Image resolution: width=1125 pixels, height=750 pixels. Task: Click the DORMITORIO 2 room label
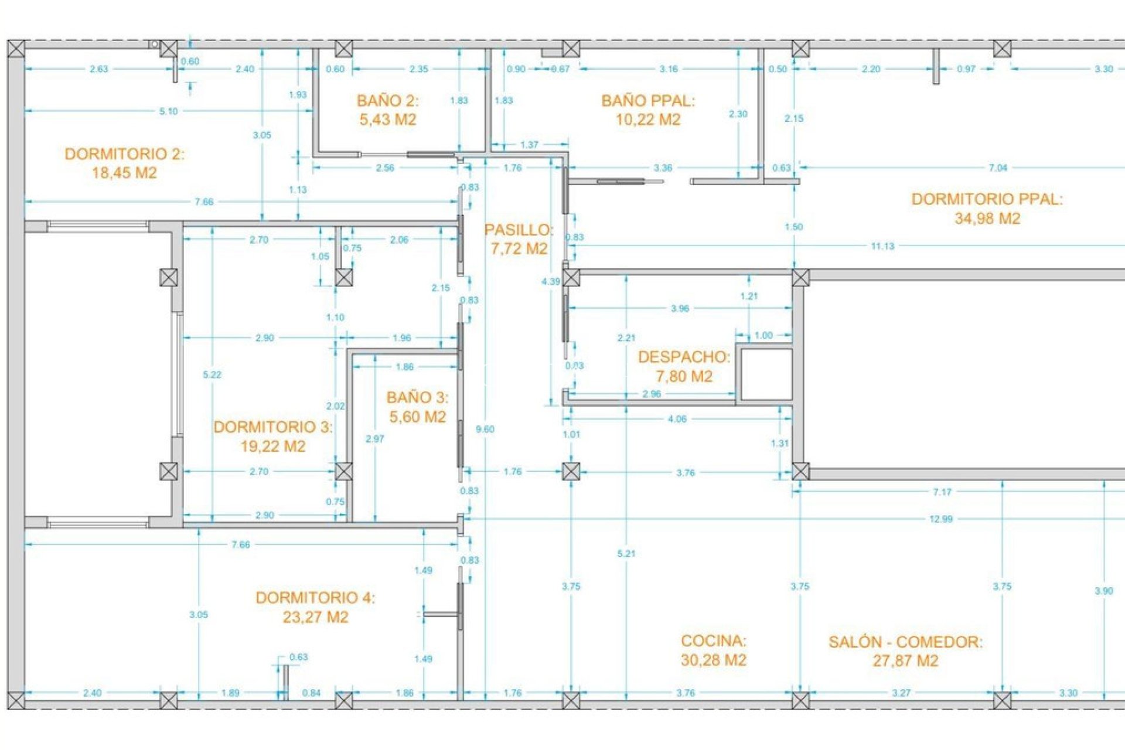[x=124, y=154]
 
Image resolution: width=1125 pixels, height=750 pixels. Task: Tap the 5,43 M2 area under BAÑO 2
[x=387, y=120]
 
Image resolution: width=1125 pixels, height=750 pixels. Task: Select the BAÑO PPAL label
[x=647, y=101]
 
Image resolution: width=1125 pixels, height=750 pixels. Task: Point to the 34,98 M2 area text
[x=987, y=219]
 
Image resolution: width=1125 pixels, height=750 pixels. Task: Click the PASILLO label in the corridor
[x=518, y=230]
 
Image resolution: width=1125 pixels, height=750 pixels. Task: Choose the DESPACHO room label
[x=684, y=357]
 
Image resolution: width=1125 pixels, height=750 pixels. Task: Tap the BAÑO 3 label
[x=417, y=398]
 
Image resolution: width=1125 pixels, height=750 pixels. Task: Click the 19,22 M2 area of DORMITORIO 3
[x=273, y=446]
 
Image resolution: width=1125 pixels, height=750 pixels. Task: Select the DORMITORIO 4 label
[x=315, y=598]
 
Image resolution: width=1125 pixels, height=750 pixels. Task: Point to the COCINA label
[x=713, y=640]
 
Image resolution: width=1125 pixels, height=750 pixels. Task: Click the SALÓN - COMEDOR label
[x=905, y=642]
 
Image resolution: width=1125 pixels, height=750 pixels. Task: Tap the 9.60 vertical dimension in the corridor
[x=485, y=429]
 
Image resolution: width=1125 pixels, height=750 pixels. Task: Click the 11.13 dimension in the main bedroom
[x=882, y=246]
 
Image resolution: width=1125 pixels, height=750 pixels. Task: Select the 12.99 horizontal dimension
[x=940, y=519]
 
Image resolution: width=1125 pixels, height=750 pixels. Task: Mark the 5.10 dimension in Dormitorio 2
[x=169, y=111]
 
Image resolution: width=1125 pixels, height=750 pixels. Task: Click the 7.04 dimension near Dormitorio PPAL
[x=997, y=168]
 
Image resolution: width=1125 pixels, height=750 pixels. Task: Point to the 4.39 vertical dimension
[x=551, y=282]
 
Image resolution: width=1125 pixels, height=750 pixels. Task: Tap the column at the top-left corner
[x=16, y=49]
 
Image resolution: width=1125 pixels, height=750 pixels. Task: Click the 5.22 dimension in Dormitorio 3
[x=212, y=375]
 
